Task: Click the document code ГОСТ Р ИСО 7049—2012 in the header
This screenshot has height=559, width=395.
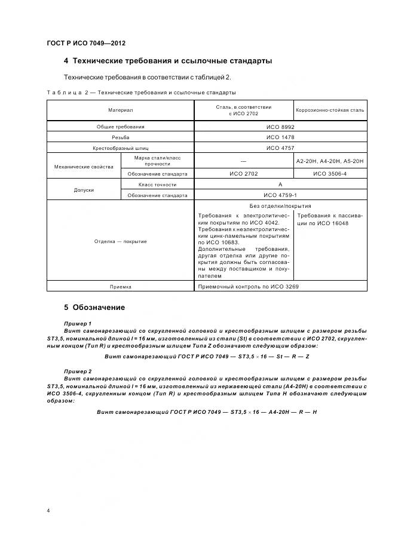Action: (85, 44)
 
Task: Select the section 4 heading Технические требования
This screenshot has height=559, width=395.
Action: (168, 61)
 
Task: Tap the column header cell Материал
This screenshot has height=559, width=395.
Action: (120, 110)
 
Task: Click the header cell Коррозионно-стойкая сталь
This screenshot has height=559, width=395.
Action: (330, 110)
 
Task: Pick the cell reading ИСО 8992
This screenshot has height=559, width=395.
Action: (280, 127)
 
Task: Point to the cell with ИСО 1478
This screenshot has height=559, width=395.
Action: (280, 137)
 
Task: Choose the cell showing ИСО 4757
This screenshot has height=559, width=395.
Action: (280, 148)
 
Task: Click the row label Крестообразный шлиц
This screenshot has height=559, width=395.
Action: (120, 148)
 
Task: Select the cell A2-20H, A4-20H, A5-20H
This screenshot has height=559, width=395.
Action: (330, 161)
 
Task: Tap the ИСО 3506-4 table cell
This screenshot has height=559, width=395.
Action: (330, 174)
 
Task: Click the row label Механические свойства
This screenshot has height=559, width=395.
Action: (84, 167)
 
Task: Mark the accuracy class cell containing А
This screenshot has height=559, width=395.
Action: (280, 185)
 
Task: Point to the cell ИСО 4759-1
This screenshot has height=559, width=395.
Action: (280, 195)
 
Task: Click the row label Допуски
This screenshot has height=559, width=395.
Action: (84, 190)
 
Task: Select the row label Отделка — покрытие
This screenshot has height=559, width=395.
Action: (120, 241)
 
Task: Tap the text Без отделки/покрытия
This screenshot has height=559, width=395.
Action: (280, 205)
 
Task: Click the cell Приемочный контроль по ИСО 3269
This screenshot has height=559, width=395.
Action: (247, 287)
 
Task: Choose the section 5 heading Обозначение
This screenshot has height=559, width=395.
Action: (94, 308)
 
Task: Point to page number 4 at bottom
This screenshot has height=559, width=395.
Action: (48, 511)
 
